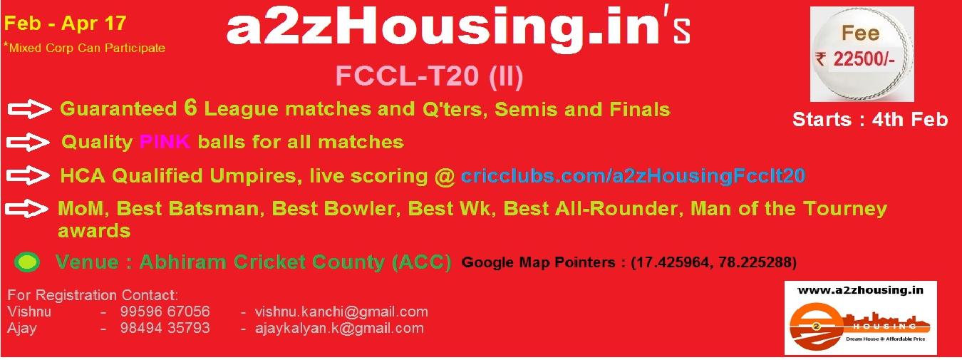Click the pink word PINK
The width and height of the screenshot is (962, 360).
pyautogui.click(x=165, y=141)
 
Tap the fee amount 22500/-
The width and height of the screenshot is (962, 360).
pyautogui.click(x=864, y=59)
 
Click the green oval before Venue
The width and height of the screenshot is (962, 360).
pyautogui.click(x=27, y=262)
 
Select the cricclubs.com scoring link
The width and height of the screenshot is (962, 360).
pyautogui.click(x=633, y=175)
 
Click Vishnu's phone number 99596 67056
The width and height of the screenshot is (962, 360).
pyautogui.click(x=165, y=312)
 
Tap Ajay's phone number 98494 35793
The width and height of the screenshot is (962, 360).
pyautogui.click(x=165, y=328)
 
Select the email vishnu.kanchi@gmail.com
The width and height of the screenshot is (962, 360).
pyautogui.click(x=341, y=312)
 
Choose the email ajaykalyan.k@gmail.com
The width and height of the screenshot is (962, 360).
pyautogui.click(x=339, y=329)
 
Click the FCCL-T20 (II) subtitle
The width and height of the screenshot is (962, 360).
pyautogui.click(x=429, y=76)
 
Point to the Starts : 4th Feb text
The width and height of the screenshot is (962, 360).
pyautogui.click(x=870, y=119)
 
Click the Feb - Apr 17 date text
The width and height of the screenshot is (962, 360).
pyautogui.click(x=65, y=24)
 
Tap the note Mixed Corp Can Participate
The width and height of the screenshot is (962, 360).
pyautogui.click(x=85, y=47)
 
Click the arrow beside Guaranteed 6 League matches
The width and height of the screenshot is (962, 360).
pyautogui.click(x=29, y=109)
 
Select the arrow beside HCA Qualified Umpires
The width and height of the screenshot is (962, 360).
pyautogui.click(x=28, y=175)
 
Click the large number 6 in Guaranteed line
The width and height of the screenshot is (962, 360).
pyautogui.click(x=190, y=108)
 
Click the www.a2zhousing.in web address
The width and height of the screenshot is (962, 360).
pyautogui.click(x=860, y=290)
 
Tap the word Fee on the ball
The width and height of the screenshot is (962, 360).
pyautogui.click(x=860, y=33)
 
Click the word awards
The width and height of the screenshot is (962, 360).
pyautogui.click(x=94, y=231)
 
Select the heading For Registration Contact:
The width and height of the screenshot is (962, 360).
pyautogui.click(x=93, y=295)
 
